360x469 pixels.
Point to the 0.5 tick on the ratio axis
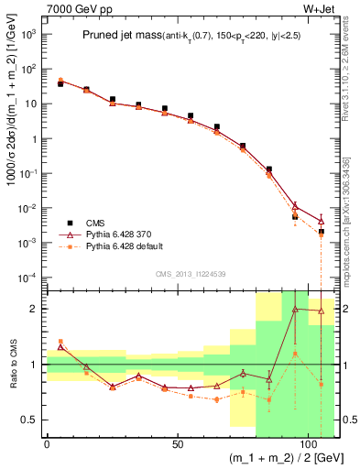(x=33, y=420)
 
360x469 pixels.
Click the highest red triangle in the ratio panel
(x=295, y=310)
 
